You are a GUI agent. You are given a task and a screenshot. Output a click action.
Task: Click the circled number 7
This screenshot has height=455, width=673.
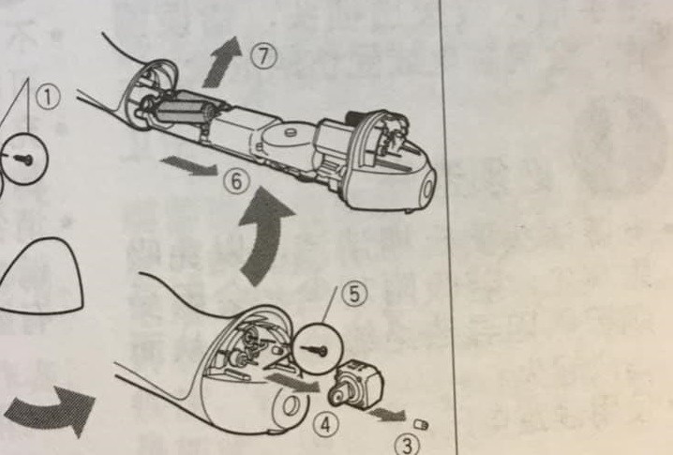tap(264, 56)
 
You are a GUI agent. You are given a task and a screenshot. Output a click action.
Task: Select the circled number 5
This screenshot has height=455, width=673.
tap(354, 295)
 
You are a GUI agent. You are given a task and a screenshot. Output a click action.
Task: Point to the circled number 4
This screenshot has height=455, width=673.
tap(326, 425)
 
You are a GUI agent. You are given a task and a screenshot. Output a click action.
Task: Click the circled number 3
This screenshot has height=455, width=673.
tap(407, 445)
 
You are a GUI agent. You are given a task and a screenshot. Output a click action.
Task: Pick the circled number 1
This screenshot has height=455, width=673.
tap(48, 97)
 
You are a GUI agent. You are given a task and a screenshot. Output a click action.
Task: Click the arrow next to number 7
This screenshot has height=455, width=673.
tap(221, 63)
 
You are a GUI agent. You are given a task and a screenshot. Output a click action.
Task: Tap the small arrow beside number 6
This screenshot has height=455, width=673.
tap(189, 165)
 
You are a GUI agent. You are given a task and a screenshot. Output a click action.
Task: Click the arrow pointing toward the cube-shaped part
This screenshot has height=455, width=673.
tap(293, 382)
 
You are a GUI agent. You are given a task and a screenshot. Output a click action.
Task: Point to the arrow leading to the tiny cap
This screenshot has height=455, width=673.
tap(387, 414)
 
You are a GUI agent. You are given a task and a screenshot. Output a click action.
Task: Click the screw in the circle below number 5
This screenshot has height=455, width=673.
tap(315, 350)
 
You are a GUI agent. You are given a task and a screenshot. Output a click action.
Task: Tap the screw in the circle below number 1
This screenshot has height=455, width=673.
tap(22, 159)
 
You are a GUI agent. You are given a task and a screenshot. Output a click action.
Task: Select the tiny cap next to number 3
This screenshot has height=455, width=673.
tap(421, 424)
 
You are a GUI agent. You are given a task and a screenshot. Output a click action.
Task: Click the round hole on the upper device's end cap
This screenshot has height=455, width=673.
tap(428, 190)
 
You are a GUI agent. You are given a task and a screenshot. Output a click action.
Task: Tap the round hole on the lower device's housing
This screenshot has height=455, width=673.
tap(292, 406)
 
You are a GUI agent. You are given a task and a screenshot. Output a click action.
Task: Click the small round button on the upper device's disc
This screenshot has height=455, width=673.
tap(291, 132)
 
